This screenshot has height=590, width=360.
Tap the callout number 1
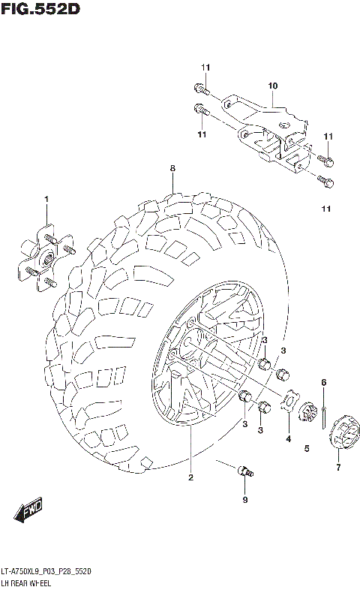pos(46,199)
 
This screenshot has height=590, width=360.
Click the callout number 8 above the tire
pos(172,168)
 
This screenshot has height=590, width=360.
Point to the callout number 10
pos(272,86)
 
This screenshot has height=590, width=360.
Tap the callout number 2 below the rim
pos(190,477)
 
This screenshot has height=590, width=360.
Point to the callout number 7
pos(338,468)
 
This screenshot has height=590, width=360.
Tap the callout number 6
pos(323,383)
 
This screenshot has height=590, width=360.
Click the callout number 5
pos(307,449)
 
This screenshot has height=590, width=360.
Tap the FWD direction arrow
pos(29,512)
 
